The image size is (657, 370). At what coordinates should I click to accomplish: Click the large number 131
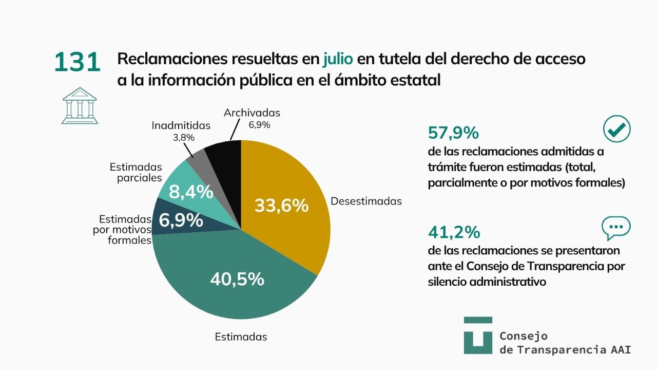click(78, 62)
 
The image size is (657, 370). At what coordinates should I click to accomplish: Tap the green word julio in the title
click(338, 59)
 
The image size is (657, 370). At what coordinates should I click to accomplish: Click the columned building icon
click(80, 106)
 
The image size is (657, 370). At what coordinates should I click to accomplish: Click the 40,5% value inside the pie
click(237, 279)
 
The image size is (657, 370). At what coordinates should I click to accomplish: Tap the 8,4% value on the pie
click(191, 192)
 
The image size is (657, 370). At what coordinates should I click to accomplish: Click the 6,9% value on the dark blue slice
click(181, 220)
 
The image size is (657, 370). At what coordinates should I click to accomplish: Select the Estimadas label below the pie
click(241, 337)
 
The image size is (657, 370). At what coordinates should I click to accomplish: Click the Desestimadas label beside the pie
click(366, 201)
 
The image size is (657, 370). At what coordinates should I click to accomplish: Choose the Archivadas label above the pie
click(252, 113)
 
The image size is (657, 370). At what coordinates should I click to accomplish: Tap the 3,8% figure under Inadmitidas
click(184, 137)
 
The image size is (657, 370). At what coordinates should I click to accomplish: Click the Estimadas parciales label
click(136, 172)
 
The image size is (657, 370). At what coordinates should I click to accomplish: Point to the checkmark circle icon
click(617, 129)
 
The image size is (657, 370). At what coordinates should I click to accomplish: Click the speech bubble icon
click(616, 228)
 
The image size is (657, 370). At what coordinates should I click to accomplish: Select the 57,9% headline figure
click(453, 133)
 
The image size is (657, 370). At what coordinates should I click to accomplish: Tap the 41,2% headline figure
click(454, 232)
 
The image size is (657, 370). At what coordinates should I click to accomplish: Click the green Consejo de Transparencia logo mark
click(478, 336)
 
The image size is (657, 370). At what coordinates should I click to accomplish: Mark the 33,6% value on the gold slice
click(282, 205)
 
